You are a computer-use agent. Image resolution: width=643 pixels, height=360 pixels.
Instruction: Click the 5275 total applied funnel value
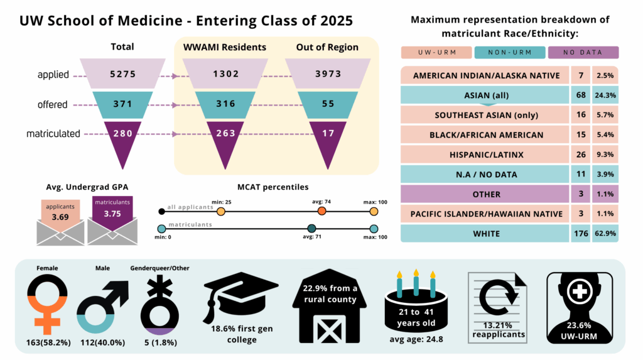(122, 74)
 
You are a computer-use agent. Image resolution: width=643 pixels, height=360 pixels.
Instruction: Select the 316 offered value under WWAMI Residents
(225, 104)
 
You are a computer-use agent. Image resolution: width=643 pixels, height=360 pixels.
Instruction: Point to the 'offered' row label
(52, 104)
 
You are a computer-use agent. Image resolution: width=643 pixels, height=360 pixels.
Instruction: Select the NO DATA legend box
(583, 53)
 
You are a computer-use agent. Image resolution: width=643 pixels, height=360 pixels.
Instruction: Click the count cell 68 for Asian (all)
(580, 95)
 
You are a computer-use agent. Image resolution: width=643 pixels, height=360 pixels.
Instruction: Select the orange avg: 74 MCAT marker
(321, 212)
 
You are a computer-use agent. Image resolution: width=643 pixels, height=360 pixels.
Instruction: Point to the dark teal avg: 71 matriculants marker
(311, 229)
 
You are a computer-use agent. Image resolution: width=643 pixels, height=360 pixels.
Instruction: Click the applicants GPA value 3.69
(60, 216)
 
